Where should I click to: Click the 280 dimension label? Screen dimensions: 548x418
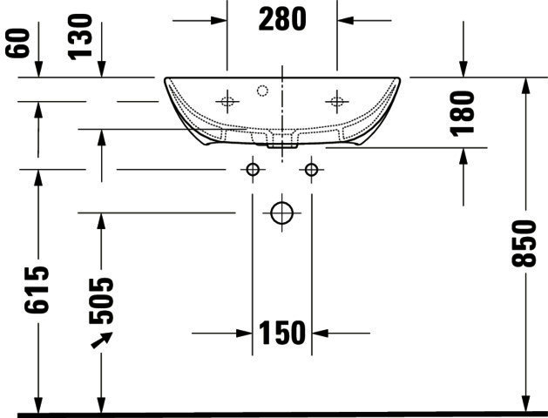(x=282, y=19)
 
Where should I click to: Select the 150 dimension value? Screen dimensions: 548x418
(x=282, y=334)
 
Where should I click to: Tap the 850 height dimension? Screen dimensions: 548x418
(x=524, y=244)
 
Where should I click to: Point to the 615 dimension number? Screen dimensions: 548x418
(x=37, y=289)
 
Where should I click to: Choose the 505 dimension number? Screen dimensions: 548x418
(x=101, y=300)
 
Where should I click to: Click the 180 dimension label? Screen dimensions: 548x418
(x=463, y=114)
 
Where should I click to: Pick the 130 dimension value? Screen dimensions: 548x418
(x=80, y=37)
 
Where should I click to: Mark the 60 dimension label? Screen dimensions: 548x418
(x=17, y=43)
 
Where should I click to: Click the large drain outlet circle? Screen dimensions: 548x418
(x=282, y=212)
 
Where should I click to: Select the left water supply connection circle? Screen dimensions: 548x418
(x=253, y=170)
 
